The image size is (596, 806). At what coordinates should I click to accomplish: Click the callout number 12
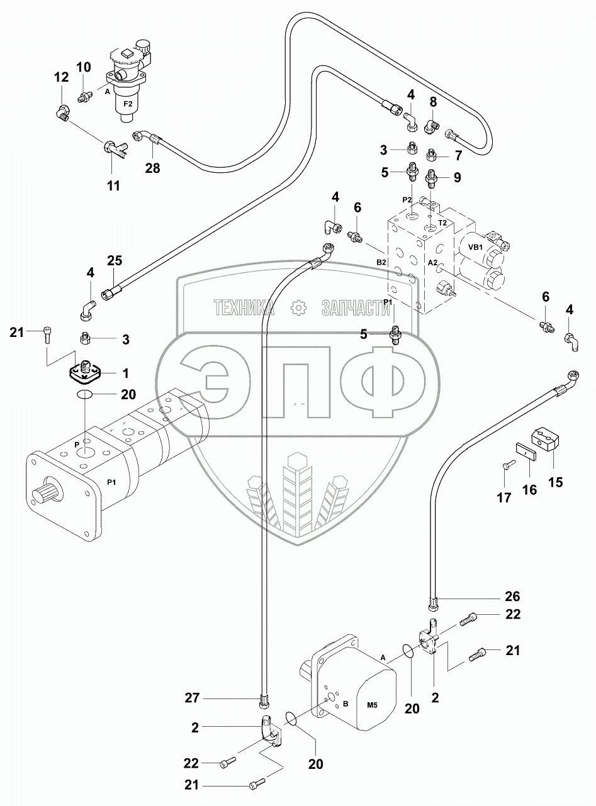click(61, 77)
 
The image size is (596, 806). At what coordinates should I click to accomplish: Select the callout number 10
click(84, 67)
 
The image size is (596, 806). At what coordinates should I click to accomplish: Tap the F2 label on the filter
click(128, 104)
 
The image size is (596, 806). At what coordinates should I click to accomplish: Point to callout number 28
click(152, 168)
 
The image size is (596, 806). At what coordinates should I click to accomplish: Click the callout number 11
click(113, 186)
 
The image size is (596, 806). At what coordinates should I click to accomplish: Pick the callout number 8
click(433, 102)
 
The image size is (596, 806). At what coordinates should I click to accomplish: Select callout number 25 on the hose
click(115, 260)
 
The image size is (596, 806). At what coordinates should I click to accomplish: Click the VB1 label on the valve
click(475, 248)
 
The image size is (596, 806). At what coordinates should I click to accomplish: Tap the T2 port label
click(442, 223)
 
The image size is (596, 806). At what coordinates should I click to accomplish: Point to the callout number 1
click(125, 373)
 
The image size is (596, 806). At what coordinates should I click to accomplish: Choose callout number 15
click(556, 482)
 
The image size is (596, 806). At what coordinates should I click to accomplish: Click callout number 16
click(530, 490)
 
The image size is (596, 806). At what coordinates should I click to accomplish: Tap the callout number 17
click(504, 497)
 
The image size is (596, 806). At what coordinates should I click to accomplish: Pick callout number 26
click(513, 596)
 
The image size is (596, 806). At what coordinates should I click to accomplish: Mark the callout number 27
click(193, 698)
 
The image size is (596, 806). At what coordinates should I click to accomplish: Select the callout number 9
click(458, 177)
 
